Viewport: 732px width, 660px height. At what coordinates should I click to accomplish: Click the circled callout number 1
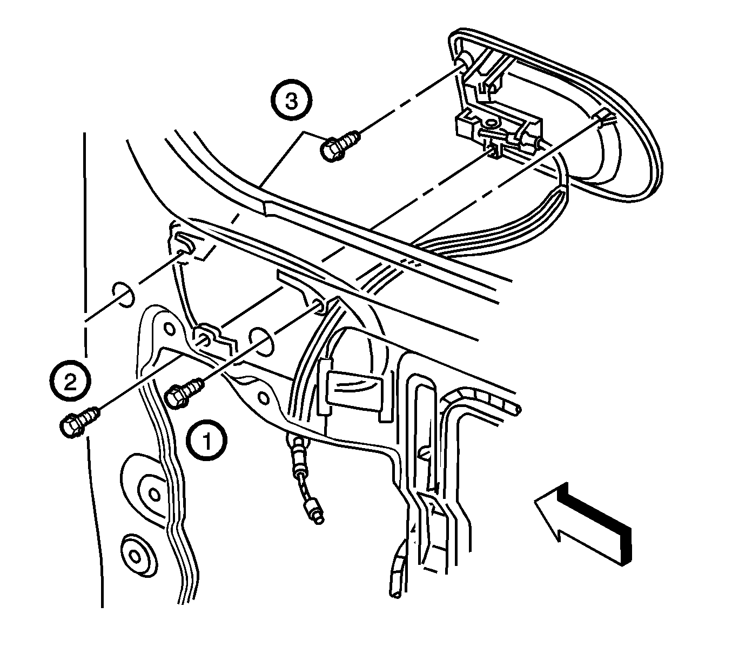[206, 441]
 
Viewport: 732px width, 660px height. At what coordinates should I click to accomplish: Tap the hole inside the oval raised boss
[155, 495]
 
